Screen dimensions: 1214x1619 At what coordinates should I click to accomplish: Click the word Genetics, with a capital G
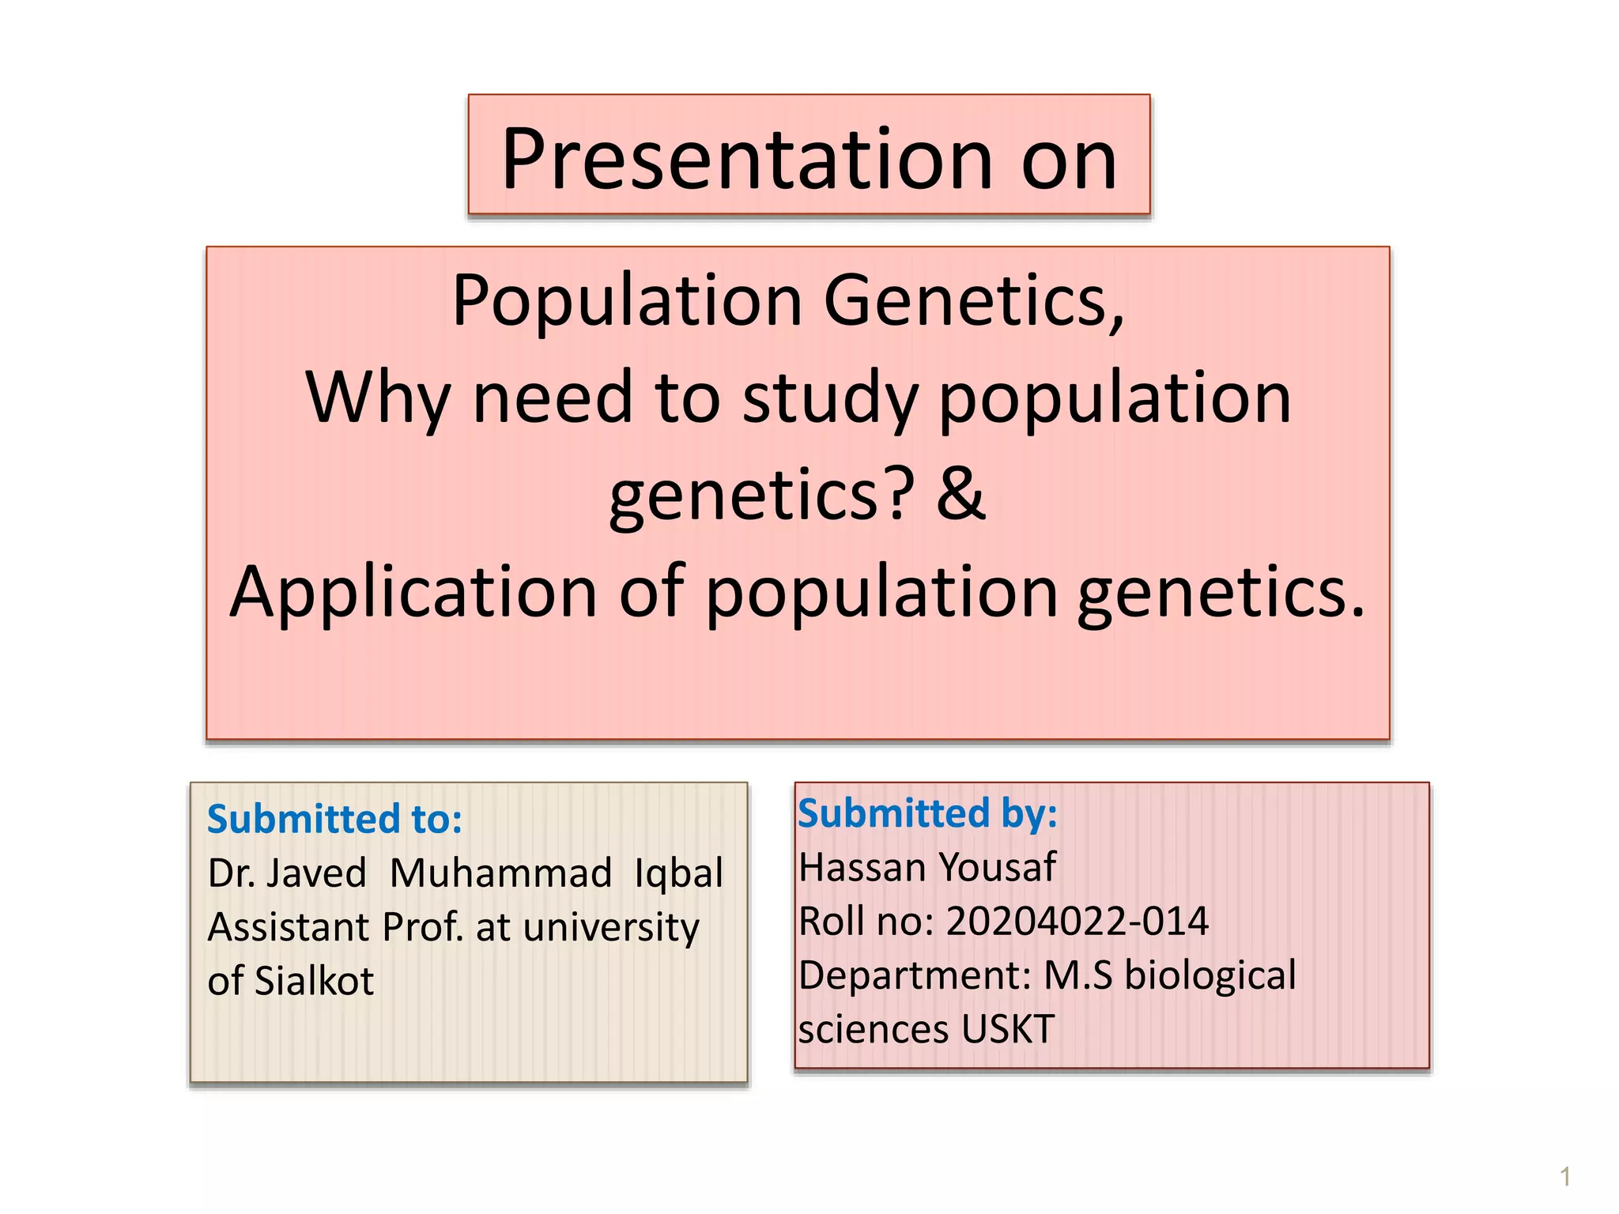[974, 301]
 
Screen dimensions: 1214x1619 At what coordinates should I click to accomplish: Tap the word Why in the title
[377, 398]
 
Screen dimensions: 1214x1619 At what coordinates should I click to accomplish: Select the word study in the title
[829, 399]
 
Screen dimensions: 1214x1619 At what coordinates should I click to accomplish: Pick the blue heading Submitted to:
[334, 819]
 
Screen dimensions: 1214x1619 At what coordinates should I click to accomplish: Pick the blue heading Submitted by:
[927, 813]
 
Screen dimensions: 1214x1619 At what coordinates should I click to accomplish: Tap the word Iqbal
[678, 873]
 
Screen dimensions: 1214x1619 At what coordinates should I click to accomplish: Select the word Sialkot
[314, 981]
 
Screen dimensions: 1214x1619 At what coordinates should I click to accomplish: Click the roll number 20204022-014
[1077, 922]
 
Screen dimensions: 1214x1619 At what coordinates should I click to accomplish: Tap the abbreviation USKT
[1008, 1029]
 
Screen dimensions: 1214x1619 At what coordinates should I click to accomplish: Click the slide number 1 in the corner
[1564, 1177]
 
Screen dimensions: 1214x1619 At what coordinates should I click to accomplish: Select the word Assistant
[288, 927]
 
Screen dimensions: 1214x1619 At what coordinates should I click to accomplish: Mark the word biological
[1210, 975]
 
